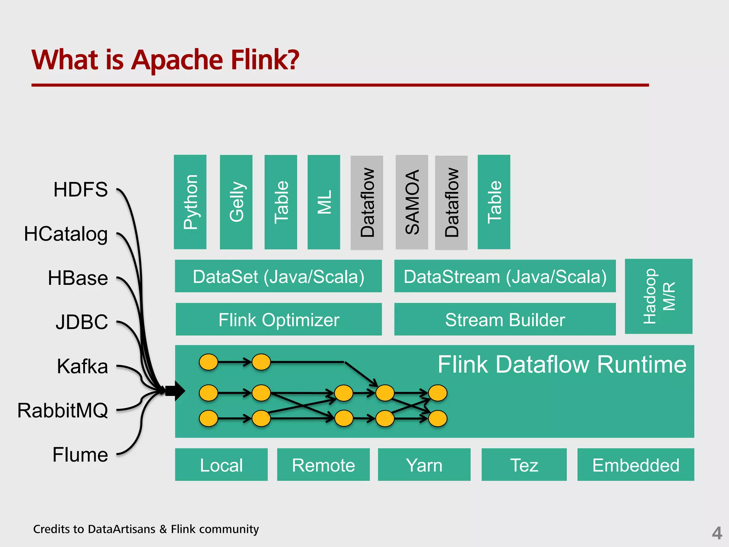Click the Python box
(190, 202)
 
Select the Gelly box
(236, 202)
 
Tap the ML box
(324, 202)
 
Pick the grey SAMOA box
(412, 202)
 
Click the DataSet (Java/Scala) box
(278, 276)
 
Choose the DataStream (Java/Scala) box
(505, 276)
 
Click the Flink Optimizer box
(279, 319)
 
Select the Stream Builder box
(505, 319)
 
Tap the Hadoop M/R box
(659, 296)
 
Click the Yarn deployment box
(424, 465)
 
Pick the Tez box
(524, 465)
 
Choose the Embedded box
(636, 465)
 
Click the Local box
(221, 465)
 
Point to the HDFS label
(80, 189)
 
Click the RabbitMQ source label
(63, 410)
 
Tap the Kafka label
(82, 366)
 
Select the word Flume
(80, 455)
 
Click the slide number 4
(717, 533)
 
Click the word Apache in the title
(177, 60)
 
